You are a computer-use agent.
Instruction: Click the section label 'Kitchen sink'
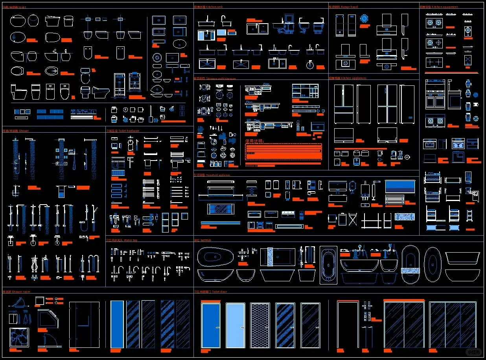click(208, 7)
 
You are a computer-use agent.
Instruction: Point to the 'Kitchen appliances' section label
click(348, 78)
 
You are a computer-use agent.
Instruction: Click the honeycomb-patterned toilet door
click(260, 325)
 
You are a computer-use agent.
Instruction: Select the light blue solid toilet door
click(235, 325)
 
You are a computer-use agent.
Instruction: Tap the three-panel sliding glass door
click(452, 325)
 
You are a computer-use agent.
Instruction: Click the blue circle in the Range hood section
click(364, 18)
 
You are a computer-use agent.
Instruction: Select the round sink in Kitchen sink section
click(310, 65)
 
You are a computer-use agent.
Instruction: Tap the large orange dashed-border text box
click(283, 152)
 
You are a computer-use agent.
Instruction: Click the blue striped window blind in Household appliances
click(400, 191)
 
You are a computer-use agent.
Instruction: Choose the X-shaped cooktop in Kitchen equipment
click(468, 60)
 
